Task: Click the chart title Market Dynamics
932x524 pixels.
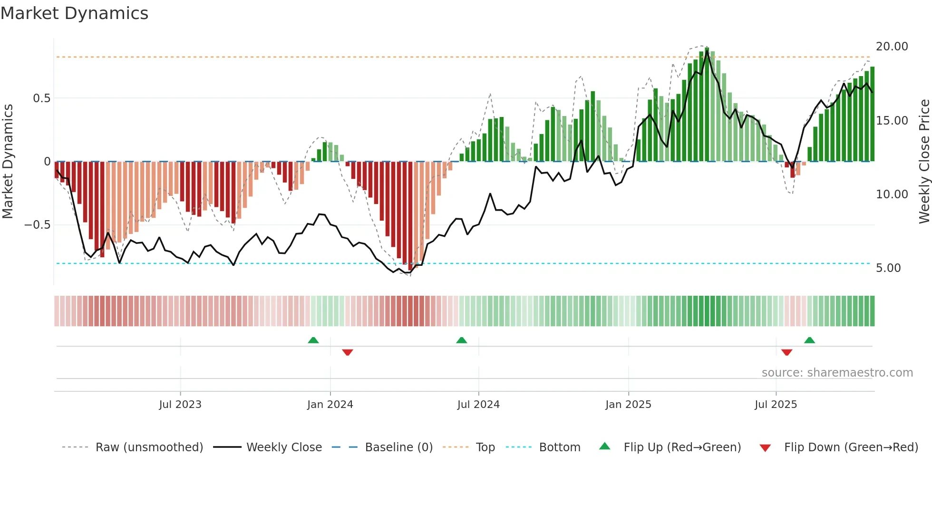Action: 75,13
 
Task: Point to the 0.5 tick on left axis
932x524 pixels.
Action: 41,98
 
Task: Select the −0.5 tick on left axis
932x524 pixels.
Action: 38,225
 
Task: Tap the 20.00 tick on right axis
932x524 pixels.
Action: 892,47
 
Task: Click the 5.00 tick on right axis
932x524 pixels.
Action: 888,268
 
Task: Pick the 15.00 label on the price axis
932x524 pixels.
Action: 892,121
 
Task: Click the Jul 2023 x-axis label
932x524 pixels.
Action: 180,405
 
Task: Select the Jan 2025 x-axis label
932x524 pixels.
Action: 628,405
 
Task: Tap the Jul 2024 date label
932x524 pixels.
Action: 478,405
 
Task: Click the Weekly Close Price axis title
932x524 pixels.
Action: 924,162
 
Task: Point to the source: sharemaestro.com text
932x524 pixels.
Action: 837,373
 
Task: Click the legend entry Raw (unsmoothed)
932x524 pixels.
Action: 149,447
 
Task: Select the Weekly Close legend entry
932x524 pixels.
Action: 284,447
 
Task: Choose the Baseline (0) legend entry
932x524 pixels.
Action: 398,447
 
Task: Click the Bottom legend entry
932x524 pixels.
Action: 559,447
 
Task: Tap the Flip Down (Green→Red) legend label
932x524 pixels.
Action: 851,447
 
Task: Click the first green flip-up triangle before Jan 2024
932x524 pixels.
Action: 313,340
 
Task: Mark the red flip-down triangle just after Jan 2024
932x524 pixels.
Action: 348,352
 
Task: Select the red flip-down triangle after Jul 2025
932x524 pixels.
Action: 786,352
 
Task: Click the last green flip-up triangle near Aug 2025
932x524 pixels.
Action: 809,340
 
